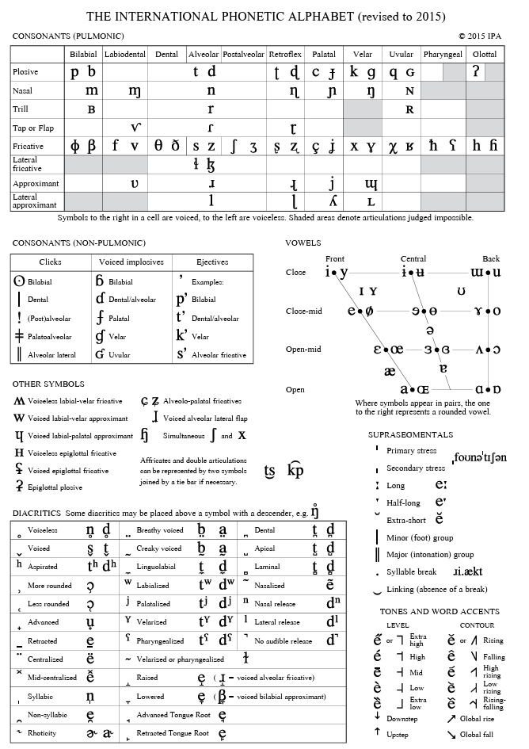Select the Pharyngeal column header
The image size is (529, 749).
coord(443,55)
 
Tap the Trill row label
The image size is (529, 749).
coord(21,109)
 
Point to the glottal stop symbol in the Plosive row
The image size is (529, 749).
coord(476,71)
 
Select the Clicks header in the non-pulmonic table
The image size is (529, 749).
coord(50,262)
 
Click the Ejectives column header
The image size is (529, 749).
coord(213,262)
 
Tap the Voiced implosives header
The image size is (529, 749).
coord(132,262)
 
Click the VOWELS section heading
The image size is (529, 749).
coord(302,243)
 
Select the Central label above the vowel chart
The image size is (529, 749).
coord(413,258)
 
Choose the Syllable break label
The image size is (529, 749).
coord(411,572)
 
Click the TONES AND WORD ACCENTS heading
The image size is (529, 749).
coord(440,612)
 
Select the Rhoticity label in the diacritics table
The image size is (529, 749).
coord(42,733)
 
